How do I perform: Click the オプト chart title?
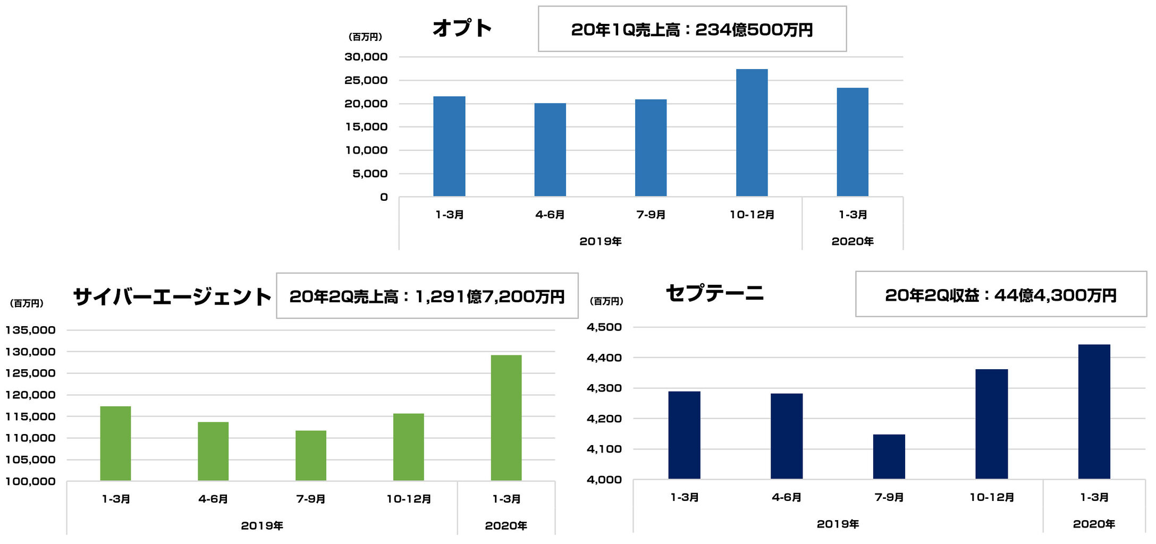pos(462,28)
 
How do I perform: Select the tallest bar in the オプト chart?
pos(752,133)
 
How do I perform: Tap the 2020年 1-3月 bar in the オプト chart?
pos(852,142)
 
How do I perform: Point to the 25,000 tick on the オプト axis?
pos(366,80)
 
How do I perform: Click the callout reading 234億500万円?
pos(692,30)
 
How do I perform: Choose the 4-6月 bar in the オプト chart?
pos(550,150)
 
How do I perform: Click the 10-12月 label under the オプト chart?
pos(752,215)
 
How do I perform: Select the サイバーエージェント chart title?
pos(172,296)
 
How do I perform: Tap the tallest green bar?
pos(506,418)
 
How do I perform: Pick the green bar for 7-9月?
pos(311,455)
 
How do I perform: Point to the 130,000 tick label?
pos(30,352)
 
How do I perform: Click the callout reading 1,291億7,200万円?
pos(427,296)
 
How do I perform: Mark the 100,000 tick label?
pos(30,481)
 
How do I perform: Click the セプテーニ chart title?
pos(714,293)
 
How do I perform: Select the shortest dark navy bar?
pos(889,457)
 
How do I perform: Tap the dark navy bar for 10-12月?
pos(991,424)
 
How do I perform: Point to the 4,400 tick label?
pos(604,358)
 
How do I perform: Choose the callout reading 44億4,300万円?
pos(1000,295)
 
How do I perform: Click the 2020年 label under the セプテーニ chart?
pos(1094,524)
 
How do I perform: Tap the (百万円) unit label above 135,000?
pos(27,303)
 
